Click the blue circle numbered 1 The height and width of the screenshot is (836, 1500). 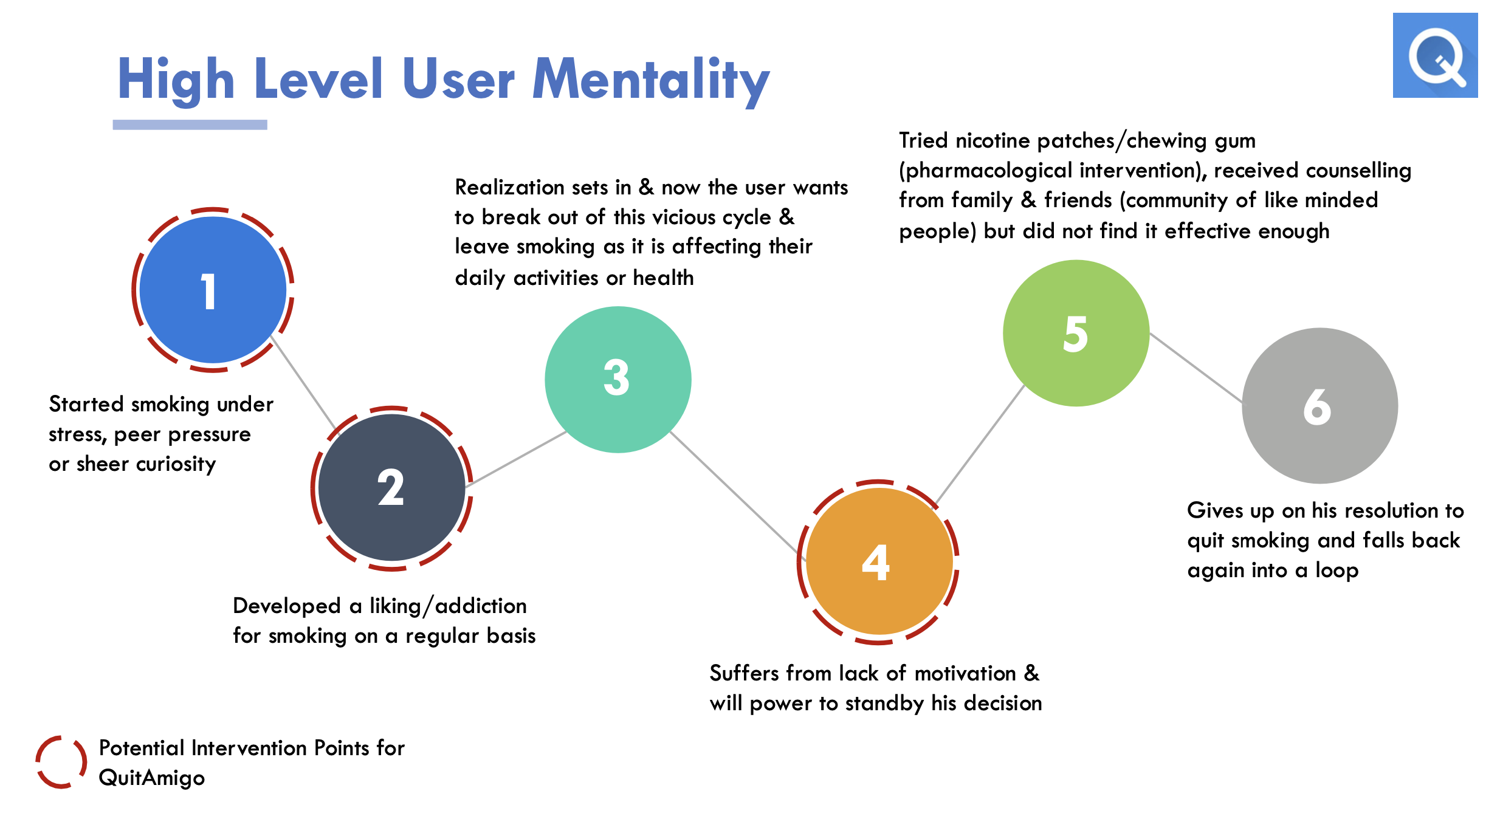tap(213, 290)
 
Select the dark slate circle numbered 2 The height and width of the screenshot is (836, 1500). tap(391, 487)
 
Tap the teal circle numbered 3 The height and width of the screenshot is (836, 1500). tap(618, 379)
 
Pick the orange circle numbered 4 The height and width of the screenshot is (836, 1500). tap(878, 561)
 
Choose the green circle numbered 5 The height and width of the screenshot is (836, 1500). tap(1076, 333)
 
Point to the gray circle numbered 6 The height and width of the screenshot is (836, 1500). tap(1319, 406)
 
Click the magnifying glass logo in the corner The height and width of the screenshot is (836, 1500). tap(1435, 55)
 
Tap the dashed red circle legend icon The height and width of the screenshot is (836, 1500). tap(61, 762)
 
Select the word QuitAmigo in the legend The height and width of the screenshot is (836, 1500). tap(152, 778)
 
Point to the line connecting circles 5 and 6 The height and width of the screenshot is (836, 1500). tap(1196, 368)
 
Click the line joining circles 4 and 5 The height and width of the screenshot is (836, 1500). tap(980, 445)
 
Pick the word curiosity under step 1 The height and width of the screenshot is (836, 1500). tap(176, 464)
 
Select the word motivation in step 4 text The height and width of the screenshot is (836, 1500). tap(965, 673)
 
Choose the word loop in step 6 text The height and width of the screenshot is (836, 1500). tap(1337, 570)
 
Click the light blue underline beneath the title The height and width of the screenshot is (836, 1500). tap(190, 125)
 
